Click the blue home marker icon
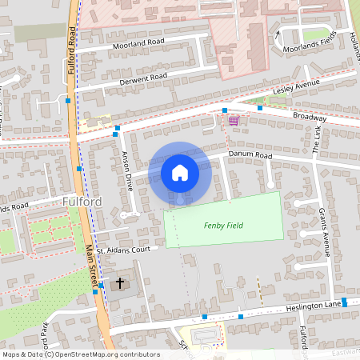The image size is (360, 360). click(x=179, y=172)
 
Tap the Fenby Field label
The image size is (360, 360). click(x=223, y=226)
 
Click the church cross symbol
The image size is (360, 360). click(x=120, y=282)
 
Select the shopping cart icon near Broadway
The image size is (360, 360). click(x=233, y=120)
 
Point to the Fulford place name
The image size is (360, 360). click(x=82, y=202)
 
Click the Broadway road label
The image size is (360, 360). click(x=309, y=117)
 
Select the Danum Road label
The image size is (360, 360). click(x=250, y=154)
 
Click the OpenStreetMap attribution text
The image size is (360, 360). click(x=80, y=354)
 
